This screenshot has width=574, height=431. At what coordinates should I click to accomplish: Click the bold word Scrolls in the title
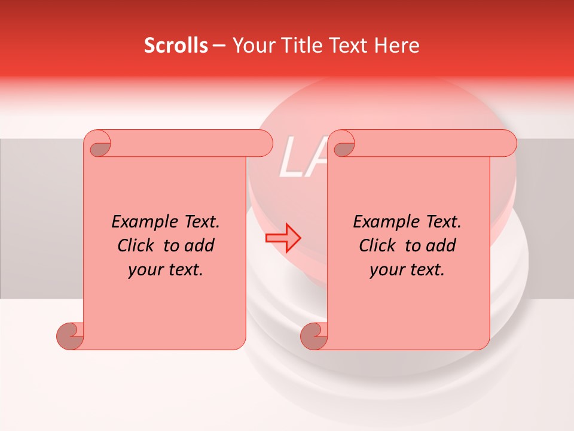(x=176, y=45)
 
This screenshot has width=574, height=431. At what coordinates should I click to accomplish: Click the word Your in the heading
(x=252, y=45)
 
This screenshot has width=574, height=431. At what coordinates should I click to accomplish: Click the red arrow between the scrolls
(x=283, y=238)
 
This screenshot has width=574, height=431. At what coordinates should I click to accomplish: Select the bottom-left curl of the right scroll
(x=315, y=336)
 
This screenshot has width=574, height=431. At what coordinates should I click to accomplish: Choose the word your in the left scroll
(x=143, y=270)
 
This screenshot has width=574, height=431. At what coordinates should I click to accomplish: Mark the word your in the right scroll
(x=385, y=270)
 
